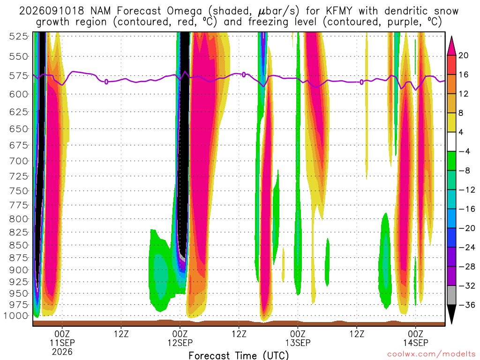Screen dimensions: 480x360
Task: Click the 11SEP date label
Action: coord(62,343)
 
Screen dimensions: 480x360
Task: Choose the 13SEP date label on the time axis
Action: coord(298,343)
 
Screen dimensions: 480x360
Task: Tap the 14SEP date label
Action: coord(416,343)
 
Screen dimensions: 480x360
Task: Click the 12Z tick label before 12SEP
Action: coord(121,334)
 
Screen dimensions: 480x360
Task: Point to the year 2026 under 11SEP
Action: coord(62,352)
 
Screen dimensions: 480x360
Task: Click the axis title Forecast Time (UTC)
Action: coord(239,355)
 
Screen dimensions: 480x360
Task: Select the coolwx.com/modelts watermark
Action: coord(431,354)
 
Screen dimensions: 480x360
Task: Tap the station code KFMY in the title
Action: coord(339,11)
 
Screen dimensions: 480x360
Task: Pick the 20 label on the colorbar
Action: coord(463,55)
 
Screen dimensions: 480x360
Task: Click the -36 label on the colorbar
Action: coord(467,305)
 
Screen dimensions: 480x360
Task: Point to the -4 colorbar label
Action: coord(464,151)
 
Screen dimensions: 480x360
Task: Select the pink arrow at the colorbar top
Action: coord(451,46)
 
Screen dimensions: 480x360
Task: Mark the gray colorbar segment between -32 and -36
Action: coord(451,295)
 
